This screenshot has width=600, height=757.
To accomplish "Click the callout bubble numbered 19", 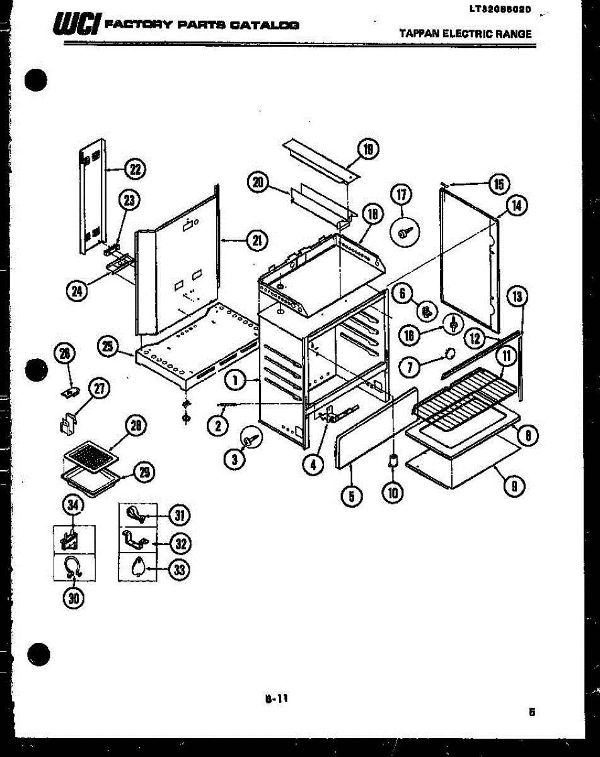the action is (368, 150).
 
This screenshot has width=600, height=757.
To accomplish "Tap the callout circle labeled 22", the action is (134, 169).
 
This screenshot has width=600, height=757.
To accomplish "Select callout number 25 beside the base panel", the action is (108, 346).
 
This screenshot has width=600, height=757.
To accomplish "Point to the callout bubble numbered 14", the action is (517, 205).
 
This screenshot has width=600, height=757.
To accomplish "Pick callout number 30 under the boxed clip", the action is (74, 599).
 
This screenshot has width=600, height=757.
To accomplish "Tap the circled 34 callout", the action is (74, 504).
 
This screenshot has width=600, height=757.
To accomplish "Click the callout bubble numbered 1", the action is (234, 380).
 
